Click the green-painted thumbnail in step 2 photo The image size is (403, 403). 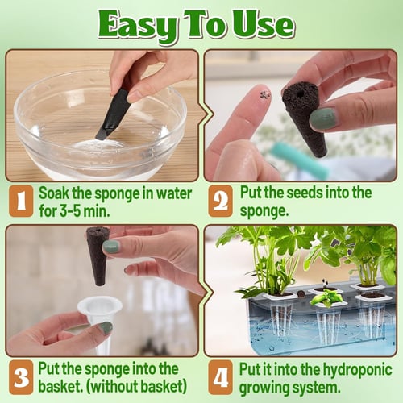click(318, 118)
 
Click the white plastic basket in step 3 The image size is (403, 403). click(100, 318)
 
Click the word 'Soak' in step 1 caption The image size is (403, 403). click(56, 193)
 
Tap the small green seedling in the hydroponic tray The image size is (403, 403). click(326, 298)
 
